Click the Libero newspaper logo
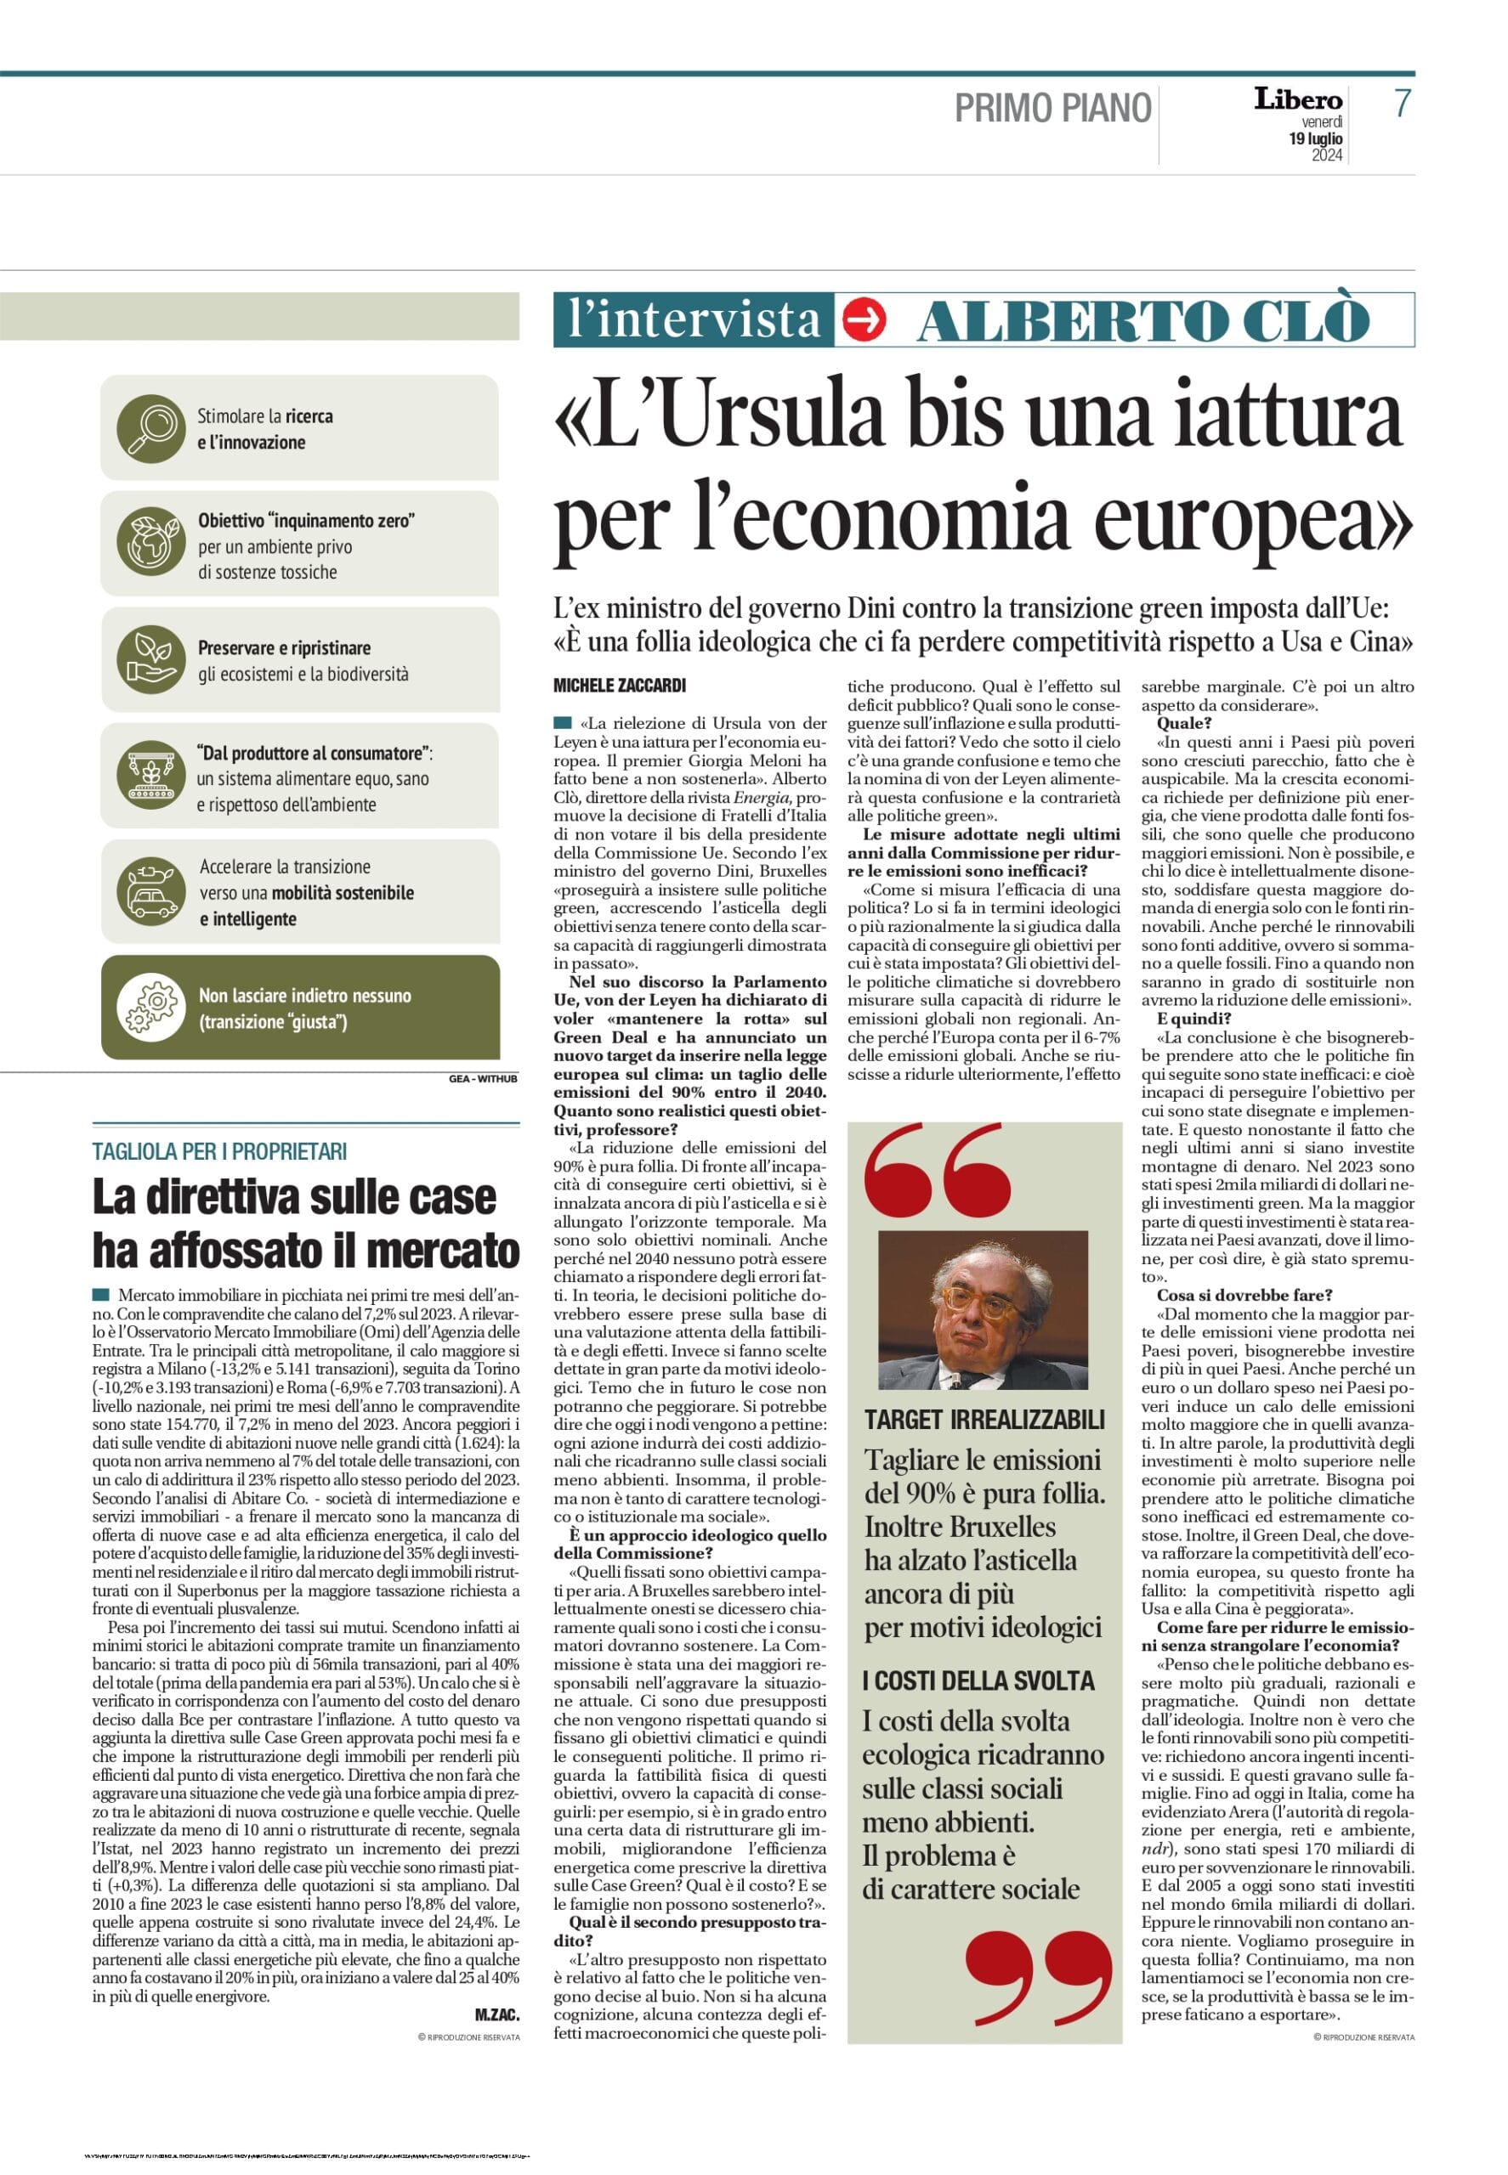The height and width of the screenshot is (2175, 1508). point(1298,99)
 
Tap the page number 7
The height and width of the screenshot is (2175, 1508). point(1403,104)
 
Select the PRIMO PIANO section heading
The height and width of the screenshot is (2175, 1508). point(1052,109)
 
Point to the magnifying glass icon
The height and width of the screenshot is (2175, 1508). point(150,428)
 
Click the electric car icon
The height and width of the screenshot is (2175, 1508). point(151,891)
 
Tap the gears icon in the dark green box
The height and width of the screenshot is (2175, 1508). point(151,1008)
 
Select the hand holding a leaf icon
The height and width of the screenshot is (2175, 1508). point(150,659)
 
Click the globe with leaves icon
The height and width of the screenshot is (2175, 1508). point(150,544)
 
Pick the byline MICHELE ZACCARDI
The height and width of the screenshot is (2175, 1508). point(619,685)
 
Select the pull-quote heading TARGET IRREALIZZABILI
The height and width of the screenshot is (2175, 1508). point(984,1420)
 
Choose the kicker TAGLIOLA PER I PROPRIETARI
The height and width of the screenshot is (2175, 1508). point(220,1151)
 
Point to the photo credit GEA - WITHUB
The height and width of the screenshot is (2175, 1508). point(484,1077)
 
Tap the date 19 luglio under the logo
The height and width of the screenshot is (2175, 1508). point(1315,138)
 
